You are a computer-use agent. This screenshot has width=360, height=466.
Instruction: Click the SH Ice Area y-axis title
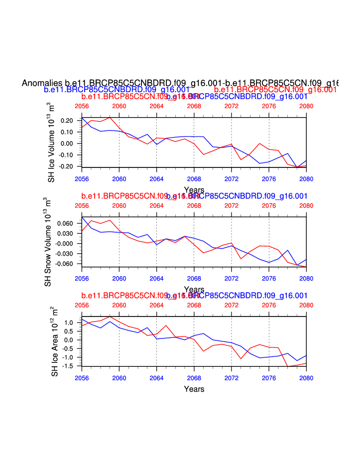(54, 341)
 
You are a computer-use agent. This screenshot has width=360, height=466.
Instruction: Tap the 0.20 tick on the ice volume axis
(67, 121)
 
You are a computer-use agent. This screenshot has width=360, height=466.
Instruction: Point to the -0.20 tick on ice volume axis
(66, 166)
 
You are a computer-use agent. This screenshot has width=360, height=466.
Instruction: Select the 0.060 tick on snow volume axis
(65, 223)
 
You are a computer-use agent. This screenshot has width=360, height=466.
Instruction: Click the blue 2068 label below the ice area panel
(194, 378)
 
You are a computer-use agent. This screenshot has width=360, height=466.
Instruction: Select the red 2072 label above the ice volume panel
(232, 106)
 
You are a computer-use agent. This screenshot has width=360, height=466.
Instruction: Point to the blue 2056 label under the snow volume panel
(82, 278)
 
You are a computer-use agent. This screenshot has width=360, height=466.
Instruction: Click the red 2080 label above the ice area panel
(306, 305)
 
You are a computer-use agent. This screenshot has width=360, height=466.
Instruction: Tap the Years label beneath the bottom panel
(194, 389)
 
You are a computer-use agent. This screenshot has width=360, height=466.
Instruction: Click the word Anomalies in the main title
(42, 83)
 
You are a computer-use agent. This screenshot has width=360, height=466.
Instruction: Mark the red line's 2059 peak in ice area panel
(110, 316)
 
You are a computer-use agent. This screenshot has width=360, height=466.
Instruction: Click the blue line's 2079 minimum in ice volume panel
(297, 167)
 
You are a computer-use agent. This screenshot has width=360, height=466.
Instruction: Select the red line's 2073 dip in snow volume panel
(241, 258)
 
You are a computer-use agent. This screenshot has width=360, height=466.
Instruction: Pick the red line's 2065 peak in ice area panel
(166, 325)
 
